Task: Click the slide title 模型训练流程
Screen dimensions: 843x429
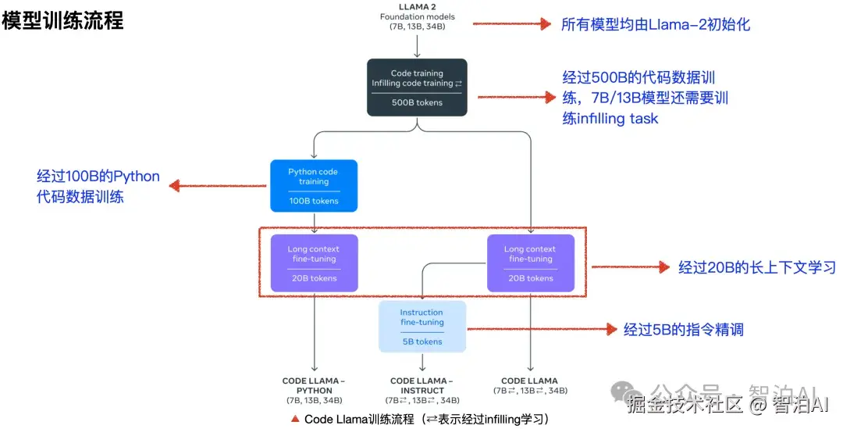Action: point(62,20)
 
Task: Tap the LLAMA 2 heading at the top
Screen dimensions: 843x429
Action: point(417,7)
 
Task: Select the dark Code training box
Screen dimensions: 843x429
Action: point(417,88)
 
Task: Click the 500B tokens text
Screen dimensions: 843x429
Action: point(417,102)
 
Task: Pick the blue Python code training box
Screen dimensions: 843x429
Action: point(314,186)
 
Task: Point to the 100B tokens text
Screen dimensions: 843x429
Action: point(314,201)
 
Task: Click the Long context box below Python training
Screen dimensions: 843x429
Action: point(314,263)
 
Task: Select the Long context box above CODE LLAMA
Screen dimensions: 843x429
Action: point(531,263)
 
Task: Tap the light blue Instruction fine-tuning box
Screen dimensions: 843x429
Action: point(422,327)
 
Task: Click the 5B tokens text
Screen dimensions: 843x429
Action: point(422,341)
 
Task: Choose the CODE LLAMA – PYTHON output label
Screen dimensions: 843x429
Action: point(314,385)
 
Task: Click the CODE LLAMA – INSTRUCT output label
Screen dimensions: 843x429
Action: point(422,385)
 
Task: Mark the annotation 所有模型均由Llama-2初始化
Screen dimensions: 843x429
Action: point(656,24)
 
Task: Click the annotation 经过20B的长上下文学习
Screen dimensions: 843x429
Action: point(757,267)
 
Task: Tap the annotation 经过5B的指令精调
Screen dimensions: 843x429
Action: point(683,330)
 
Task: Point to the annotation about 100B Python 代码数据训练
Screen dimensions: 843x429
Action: point(98,186)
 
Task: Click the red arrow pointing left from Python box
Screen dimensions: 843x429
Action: point(218,186)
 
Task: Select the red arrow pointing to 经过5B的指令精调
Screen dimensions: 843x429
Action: point(542,329)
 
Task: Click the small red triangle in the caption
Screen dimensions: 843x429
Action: point(294,418)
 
